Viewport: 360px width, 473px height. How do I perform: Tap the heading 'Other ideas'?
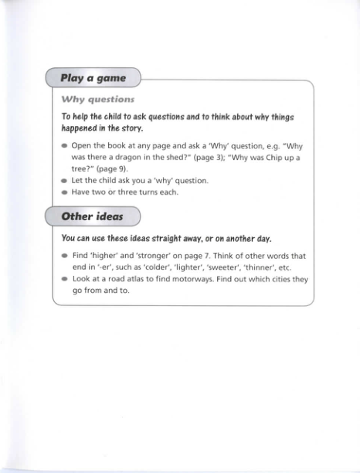tap(93, 216)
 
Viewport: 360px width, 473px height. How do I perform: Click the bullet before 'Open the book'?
tap(64, 145)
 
